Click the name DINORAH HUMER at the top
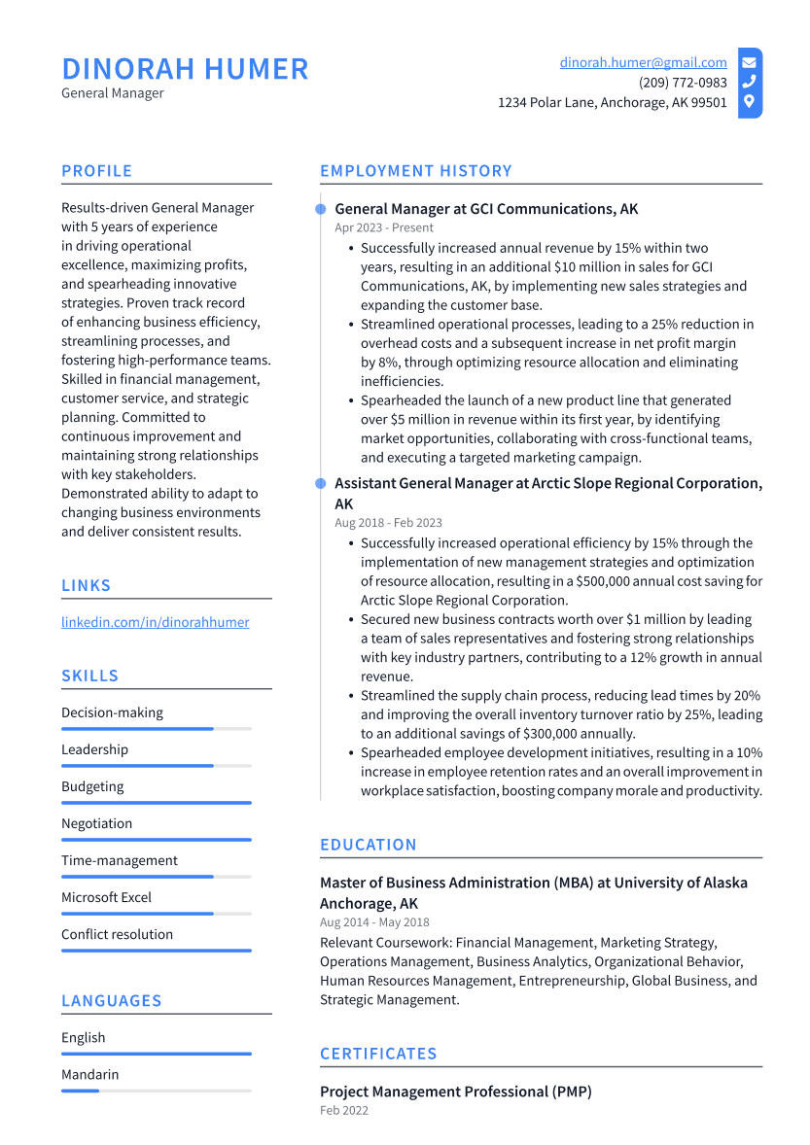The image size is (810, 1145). click(185, 69)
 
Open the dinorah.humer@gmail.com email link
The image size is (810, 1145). click(643, 62)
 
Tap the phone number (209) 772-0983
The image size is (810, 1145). click(683, 83)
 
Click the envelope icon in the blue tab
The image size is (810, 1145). click(749, 62)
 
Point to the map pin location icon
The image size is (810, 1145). click(749, 101)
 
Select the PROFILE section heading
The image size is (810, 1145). click(96, 171)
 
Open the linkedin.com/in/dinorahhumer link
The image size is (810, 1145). click(155, 622)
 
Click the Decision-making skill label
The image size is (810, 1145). click(112, 712)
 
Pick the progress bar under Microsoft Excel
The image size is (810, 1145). click(137, 914)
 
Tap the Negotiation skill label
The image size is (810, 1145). click(96, 823)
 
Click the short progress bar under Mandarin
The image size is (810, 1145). click(81, 1091)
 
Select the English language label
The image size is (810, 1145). click(83, 1037)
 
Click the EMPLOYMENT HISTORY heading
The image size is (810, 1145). click(415, 171)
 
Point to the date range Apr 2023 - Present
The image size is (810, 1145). click(384, 227)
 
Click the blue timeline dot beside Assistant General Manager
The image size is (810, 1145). click(321, 483)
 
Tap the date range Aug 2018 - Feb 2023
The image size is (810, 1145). click(388, 522)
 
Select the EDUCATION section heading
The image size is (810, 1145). click(368, 845)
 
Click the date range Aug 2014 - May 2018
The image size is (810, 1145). click(374, 922)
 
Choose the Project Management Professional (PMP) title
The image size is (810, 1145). click(455, 1092)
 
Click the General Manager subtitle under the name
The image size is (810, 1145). click(113, 93)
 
